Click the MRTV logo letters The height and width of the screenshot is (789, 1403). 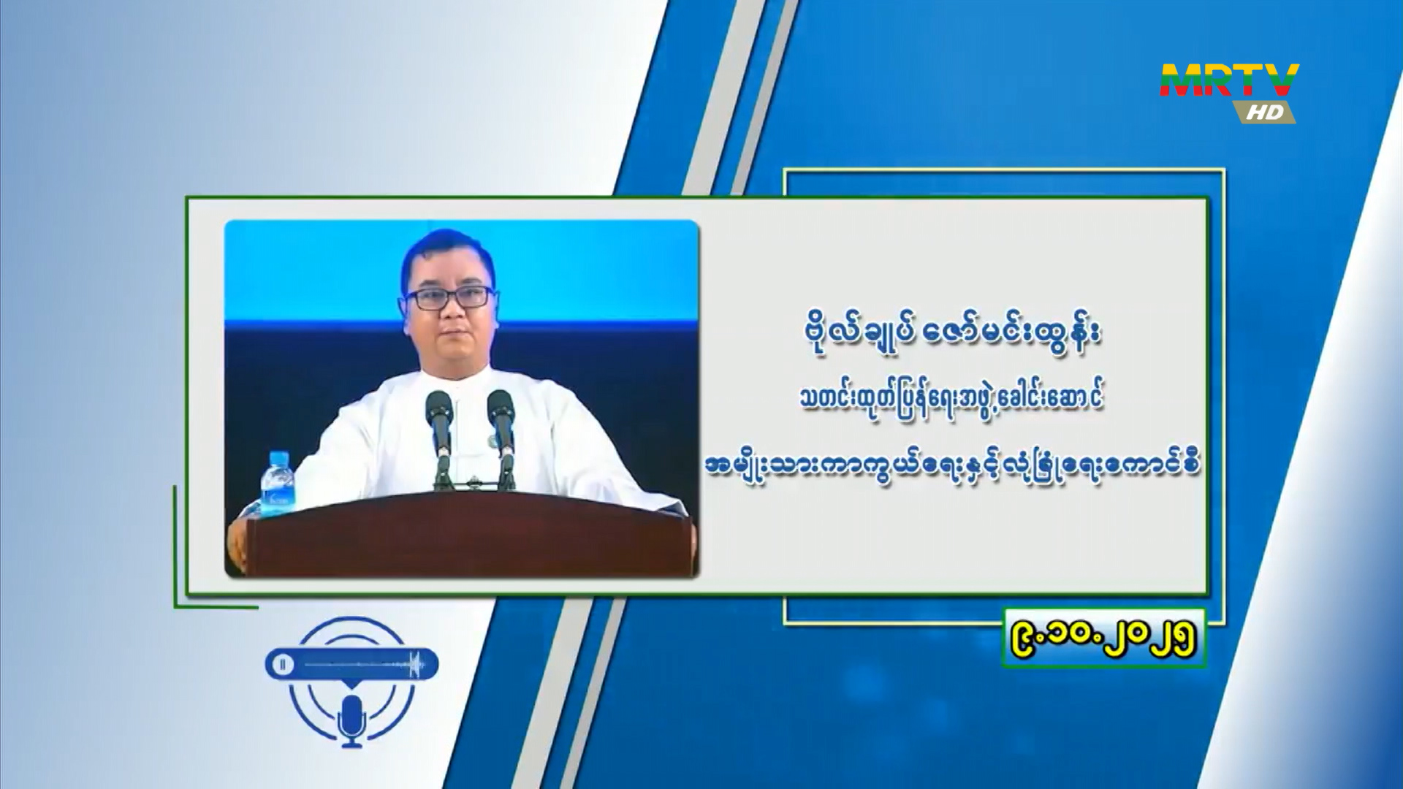click(1230, 80)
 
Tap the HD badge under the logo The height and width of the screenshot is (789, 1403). click(1264, 112)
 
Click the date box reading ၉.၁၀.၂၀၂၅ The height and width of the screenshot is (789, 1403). click(1104, 638)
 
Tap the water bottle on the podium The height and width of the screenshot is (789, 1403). click(279, 483)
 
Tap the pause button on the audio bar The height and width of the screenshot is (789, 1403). click(282, 664)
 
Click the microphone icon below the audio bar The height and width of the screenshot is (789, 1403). click(352, 720)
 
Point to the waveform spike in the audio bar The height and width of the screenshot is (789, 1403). click(417, 664)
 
